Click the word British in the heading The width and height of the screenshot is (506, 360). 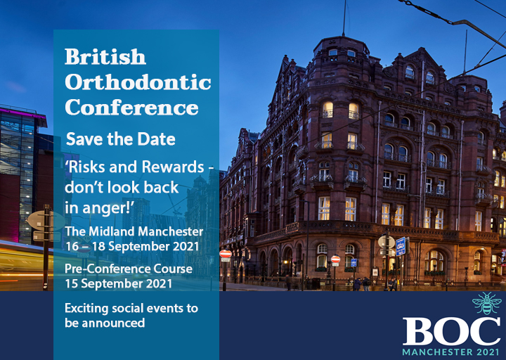coord(105,57)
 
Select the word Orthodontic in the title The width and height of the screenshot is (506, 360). coord(138,82)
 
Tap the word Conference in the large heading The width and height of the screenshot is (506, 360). coord(131,108)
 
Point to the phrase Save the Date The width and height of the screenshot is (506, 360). coord(121,139)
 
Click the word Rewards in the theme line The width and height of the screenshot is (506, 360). coord(173,167)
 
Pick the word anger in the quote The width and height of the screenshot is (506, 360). coord(102,208)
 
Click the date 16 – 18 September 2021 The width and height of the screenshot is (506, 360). coord(132,246)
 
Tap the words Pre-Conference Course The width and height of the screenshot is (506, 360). coord(129,269)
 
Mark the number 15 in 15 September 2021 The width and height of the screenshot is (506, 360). coord(71,284)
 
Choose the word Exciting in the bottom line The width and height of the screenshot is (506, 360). coord(86,309)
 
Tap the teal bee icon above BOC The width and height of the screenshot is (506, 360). coord(486,303)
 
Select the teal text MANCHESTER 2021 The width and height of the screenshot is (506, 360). coord(451,352)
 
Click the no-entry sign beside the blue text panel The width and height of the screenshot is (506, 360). coord(226,254)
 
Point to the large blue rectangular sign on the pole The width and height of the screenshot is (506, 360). coord(401,246)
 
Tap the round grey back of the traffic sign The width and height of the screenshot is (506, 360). coord(387,242)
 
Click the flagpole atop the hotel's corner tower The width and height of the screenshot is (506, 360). coord(344,18)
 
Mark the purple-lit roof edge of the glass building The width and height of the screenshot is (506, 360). coord(22,113)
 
